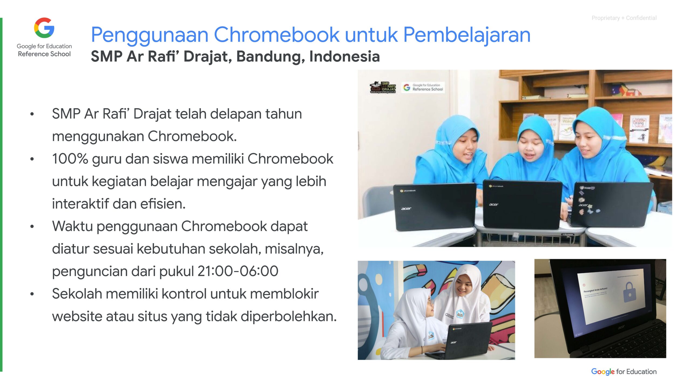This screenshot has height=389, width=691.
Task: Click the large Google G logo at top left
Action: (44, 28)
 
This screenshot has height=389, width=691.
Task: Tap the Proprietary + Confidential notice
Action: (624, 18)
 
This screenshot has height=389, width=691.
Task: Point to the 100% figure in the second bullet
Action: (70, 159)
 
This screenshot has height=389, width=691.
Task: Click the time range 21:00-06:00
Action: (238, 271)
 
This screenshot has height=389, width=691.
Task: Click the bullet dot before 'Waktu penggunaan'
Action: (32, 226)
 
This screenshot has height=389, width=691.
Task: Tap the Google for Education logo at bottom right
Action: (624, 372)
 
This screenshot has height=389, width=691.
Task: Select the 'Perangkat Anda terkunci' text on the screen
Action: (595, 290)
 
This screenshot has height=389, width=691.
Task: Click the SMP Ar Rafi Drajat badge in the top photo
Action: (383, 87)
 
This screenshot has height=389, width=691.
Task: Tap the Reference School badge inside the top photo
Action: (423, 87)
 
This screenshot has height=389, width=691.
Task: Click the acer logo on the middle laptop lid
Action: (494, 204)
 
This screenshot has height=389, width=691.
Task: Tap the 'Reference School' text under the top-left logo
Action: (44, 54)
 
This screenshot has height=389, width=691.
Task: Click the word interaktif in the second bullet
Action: (80, 204)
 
